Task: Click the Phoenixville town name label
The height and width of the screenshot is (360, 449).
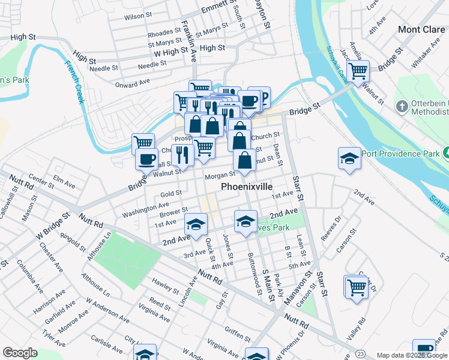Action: [249, 187]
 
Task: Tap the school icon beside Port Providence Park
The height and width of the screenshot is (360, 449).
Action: [349, 159]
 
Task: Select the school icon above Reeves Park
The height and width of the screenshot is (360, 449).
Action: [245, 222]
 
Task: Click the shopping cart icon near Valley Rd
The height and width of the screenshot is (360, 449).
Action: [356, 286]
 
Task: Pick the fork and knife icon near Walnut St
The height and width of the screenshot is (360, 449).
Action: [182, 155]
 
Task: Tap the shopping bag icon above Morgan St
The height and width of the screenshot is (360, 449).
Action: [244, 161]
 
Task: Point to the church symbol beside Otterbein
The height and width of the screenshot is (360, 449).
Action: [402, 107]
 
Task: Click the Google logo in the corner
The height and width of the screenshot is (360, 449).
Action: [19, 353]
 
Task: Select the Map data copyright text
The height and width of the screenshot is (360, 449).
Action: [412, 355]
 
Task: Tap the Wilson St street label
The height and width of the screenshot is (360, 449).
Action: [135, 17]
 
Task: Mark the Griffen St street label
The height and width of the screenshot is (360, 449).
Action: [238, 331]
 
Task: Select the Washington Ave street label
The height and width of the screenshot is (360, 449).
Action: [143, 211]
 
